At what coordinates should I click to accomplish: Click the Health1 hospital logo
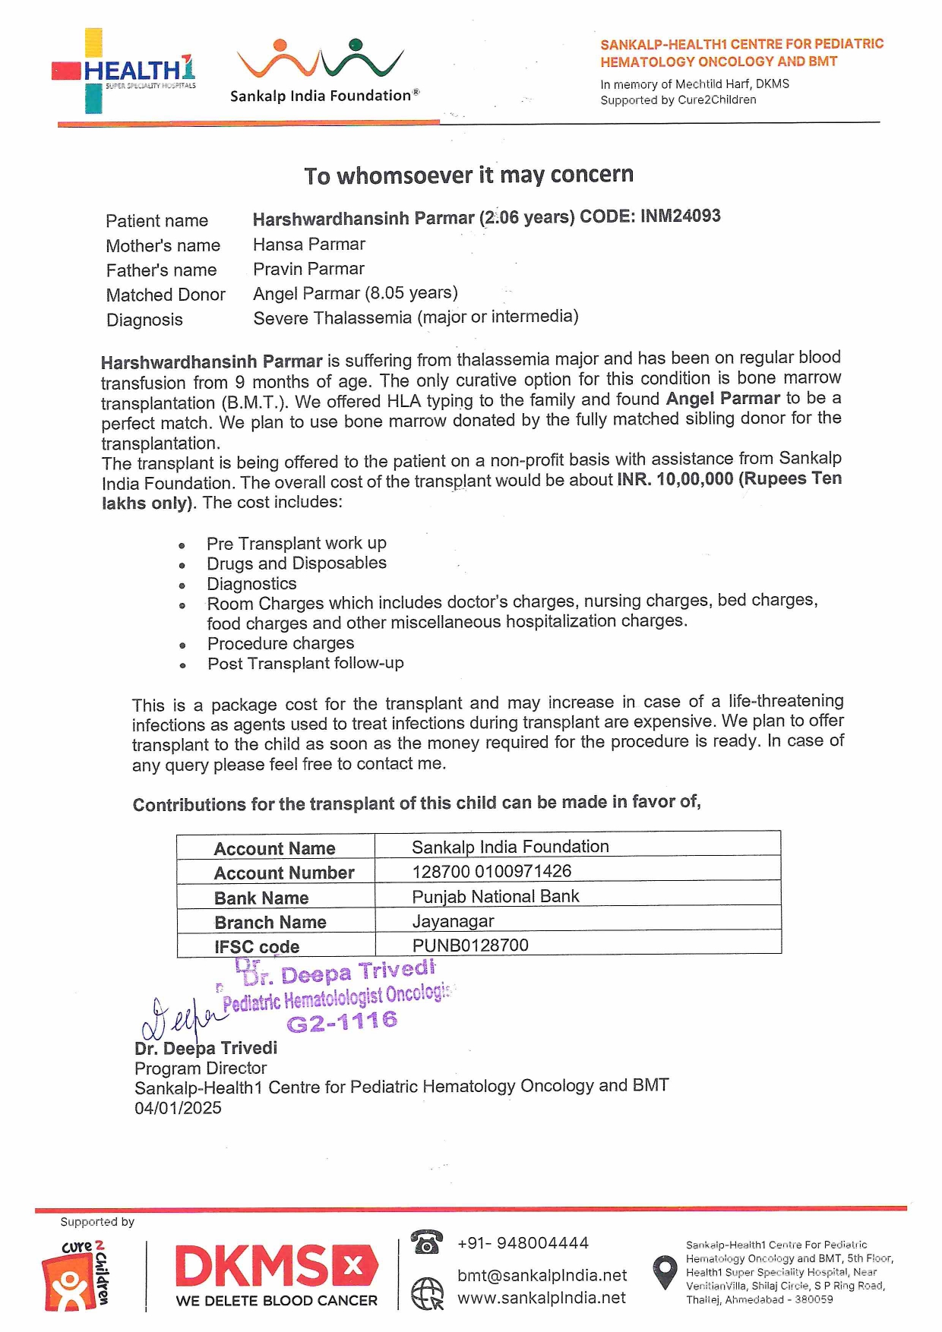pos(124,71)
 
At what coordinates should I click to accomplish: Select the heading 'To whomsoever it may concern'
pos(469,175)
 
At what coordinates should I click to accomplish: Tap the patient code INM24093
pos(680,216)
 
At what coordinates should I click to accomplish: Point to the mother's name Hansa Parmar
pos(309,245)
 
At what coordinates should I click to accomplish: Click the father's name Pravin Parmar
pos(308,269)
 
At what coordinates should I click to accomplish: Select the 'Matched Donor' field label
pos(166,295)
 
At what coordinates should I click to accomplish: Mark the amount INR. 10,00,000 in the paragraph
pos(675,479)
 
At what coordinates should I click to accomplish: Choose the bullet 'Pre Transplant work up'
pos(296,543)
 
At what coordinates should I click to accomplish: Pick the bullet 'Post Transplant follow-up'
pos(305,663)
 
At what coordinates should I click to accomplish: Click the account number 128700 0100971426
pos(492,871)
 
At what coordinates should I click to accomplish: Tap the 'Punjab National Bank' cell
pos(495,896)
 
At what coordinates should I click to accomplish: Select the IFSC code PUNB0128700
pos(470,945)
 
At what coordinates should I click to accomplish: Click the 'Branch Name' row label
pos(270,922)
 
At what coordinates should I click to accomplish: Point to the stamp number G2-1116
pos(342,1021)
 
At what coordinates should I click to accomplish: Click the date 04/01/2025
pos(178,1108)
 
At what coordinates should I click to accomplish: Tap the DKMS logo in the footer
pos(277,1276)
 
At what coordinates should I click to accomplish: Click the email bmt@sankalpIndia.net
pos(542,1275)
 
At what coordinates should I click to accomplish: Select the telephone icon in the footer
pos(426,1242)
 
